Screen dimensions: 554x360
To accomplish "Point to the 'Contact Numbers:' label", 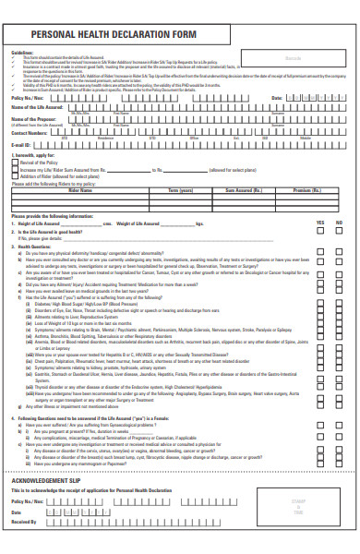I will click(x=30, y=133).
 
